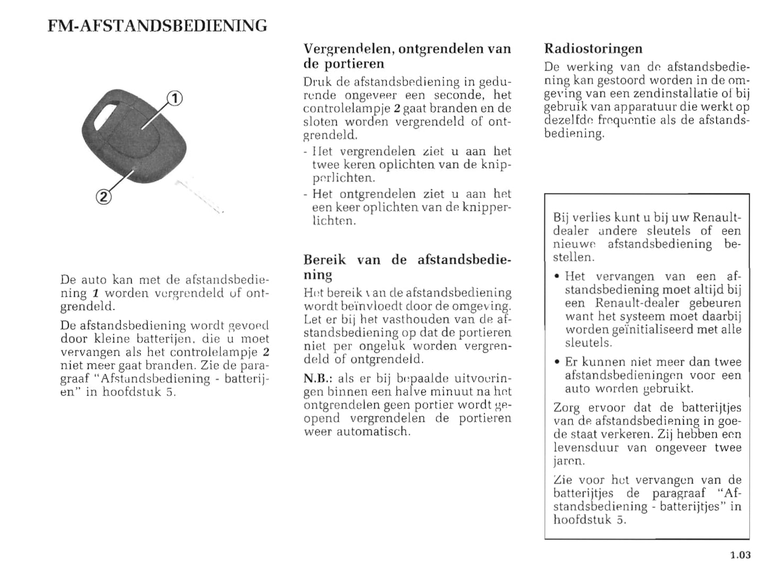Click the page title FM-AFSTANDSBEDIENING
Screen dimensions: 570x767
click(x=157, y=25)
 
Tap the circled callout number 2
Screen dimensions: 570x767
click(x=104, y=197)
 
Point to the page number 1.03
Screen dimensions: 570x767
click(x=740, y=555)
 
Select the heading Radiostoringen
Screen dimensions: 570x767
click(x=593, y=49)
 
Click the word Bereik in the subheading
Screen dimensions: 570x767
click(x=324, y=260)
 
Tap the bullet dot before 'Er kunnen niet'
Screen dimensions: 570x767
click(x=556, y=362)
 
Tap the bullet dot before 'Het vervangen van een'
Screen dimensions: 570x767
click(x=556, y=277)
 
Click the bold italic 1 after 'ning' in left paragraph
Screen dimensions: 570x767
click(x=96, y=293)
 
